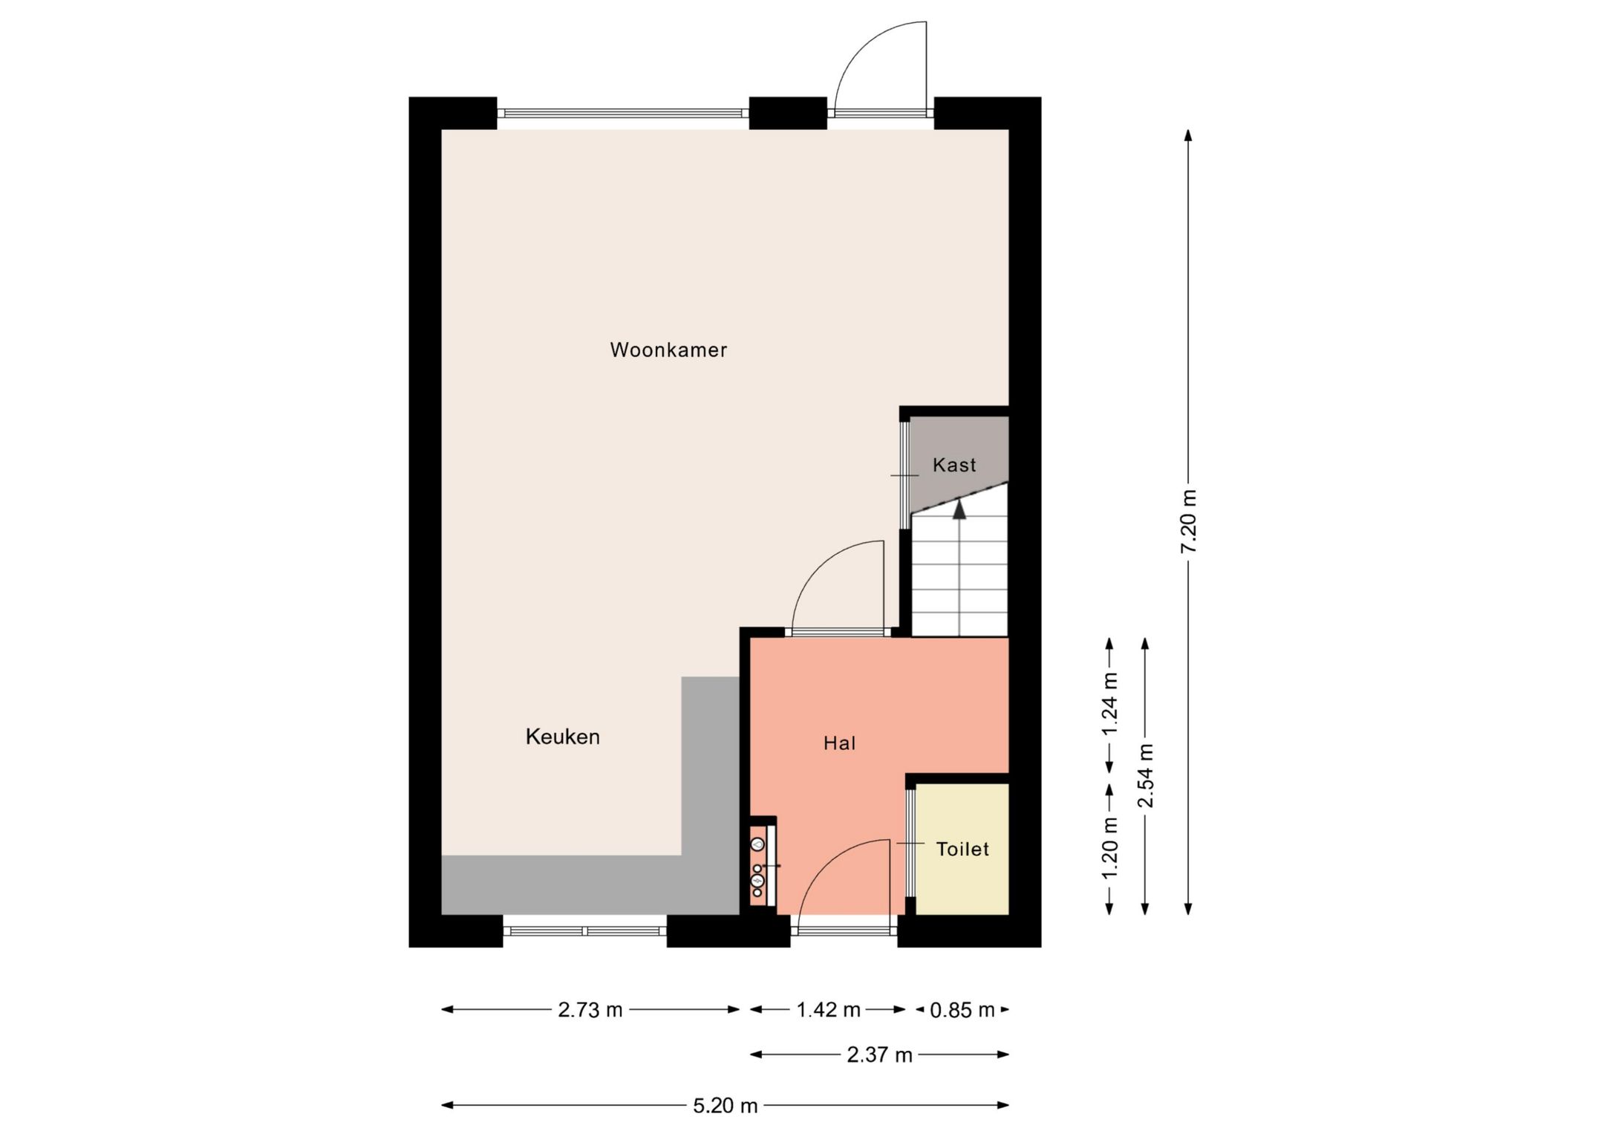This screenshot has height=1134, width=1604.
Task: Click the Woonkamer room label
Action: tap(668, 350)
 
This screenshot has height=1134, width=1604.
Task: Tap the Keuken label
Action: tap(562, 737)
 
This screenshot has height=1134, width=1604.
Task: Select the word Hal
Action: tap(839, 743)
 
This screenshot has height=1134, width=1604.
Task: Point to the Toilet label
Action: tap(962, 849)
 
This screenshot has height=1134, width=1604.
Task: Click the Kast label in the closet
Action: tap(954, 465)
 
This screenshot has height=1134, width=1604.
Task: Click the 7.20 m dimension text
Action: tap(1188, 521)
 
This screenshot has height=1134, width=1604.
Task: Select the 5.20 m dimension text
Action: tap(725, 1106)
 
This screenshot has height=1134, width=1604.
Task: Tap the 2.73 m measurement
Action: tap(590, 1010)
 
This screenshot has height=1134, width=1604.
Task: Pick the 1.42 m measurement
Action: tap(828, 1010)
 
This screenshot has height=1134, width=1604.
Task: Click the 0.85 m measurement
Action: tap(962, 1010)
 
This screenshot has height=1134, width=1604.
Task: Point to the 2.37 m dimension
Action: tap(879, 1055)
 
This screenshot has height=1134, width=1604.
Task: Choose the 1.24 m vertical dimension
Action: tap(1109, 705)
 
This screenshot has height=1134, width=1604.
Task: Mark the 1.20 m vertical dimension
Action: tap(1109, 848)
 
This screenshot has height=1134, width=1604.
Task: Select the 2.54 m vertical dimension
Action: tap(1145, 776)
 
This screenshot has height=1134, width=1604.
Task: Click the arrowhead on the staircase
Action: tap(959, 509)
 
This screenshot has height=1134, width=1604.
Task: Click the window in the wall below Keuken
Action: tap(585, 931)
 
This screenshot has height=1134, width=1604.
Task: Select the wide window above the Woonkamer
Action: tap(623, 114)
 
